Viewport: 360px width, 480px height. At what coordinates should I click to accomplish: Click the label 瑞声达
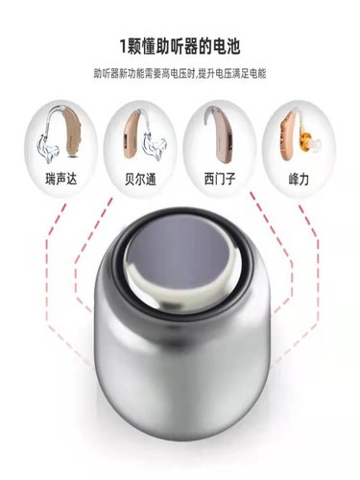click(56, 179)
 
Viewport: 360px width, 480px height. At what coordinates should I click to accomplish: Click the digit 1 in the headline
click(123, 43)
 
